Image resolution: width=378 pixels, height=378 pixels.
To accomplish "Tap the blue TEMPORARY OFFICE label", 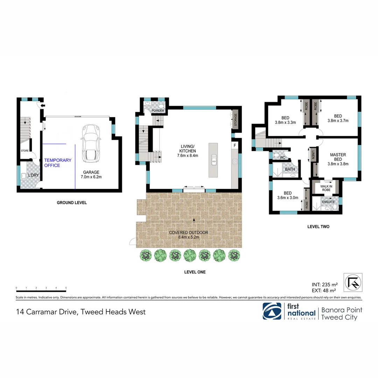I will coord(57,163).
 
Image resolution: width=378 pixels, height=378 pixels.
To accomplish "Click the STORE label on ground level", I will coord(24,151).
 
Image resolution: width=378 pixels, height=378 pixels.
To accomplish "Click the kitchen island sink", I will coord(213,161).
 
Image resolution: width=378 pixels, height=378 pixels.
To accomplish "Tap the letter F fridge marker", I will coord(234,145).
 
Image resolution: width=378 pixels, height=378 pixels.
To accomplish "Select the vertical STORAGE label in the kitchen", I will coord(235,120).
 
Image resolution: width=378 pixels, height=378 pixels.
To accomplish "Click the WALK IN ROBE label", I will coord(326,188).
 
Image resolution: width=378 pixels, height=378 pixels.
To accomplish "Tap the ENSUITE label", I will coord(328,202).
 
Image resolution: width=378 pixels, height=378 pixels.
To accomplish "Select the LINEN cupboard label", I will coord(313,154).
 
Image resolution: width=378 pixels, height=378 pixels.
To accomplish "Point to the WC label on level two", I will coord(282,158).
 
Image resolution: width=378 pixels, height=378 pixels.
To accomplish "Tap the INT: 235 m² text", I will coord(324,284).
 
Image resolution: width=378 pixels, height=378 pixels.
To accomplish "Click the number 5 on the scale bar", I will coord(66,288).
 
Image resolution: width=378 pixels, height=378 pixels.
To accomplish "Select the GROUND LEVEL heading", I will coord(72,203).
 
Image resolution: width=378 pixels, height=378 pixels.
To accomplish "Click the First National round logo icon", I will coord(272,311).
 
